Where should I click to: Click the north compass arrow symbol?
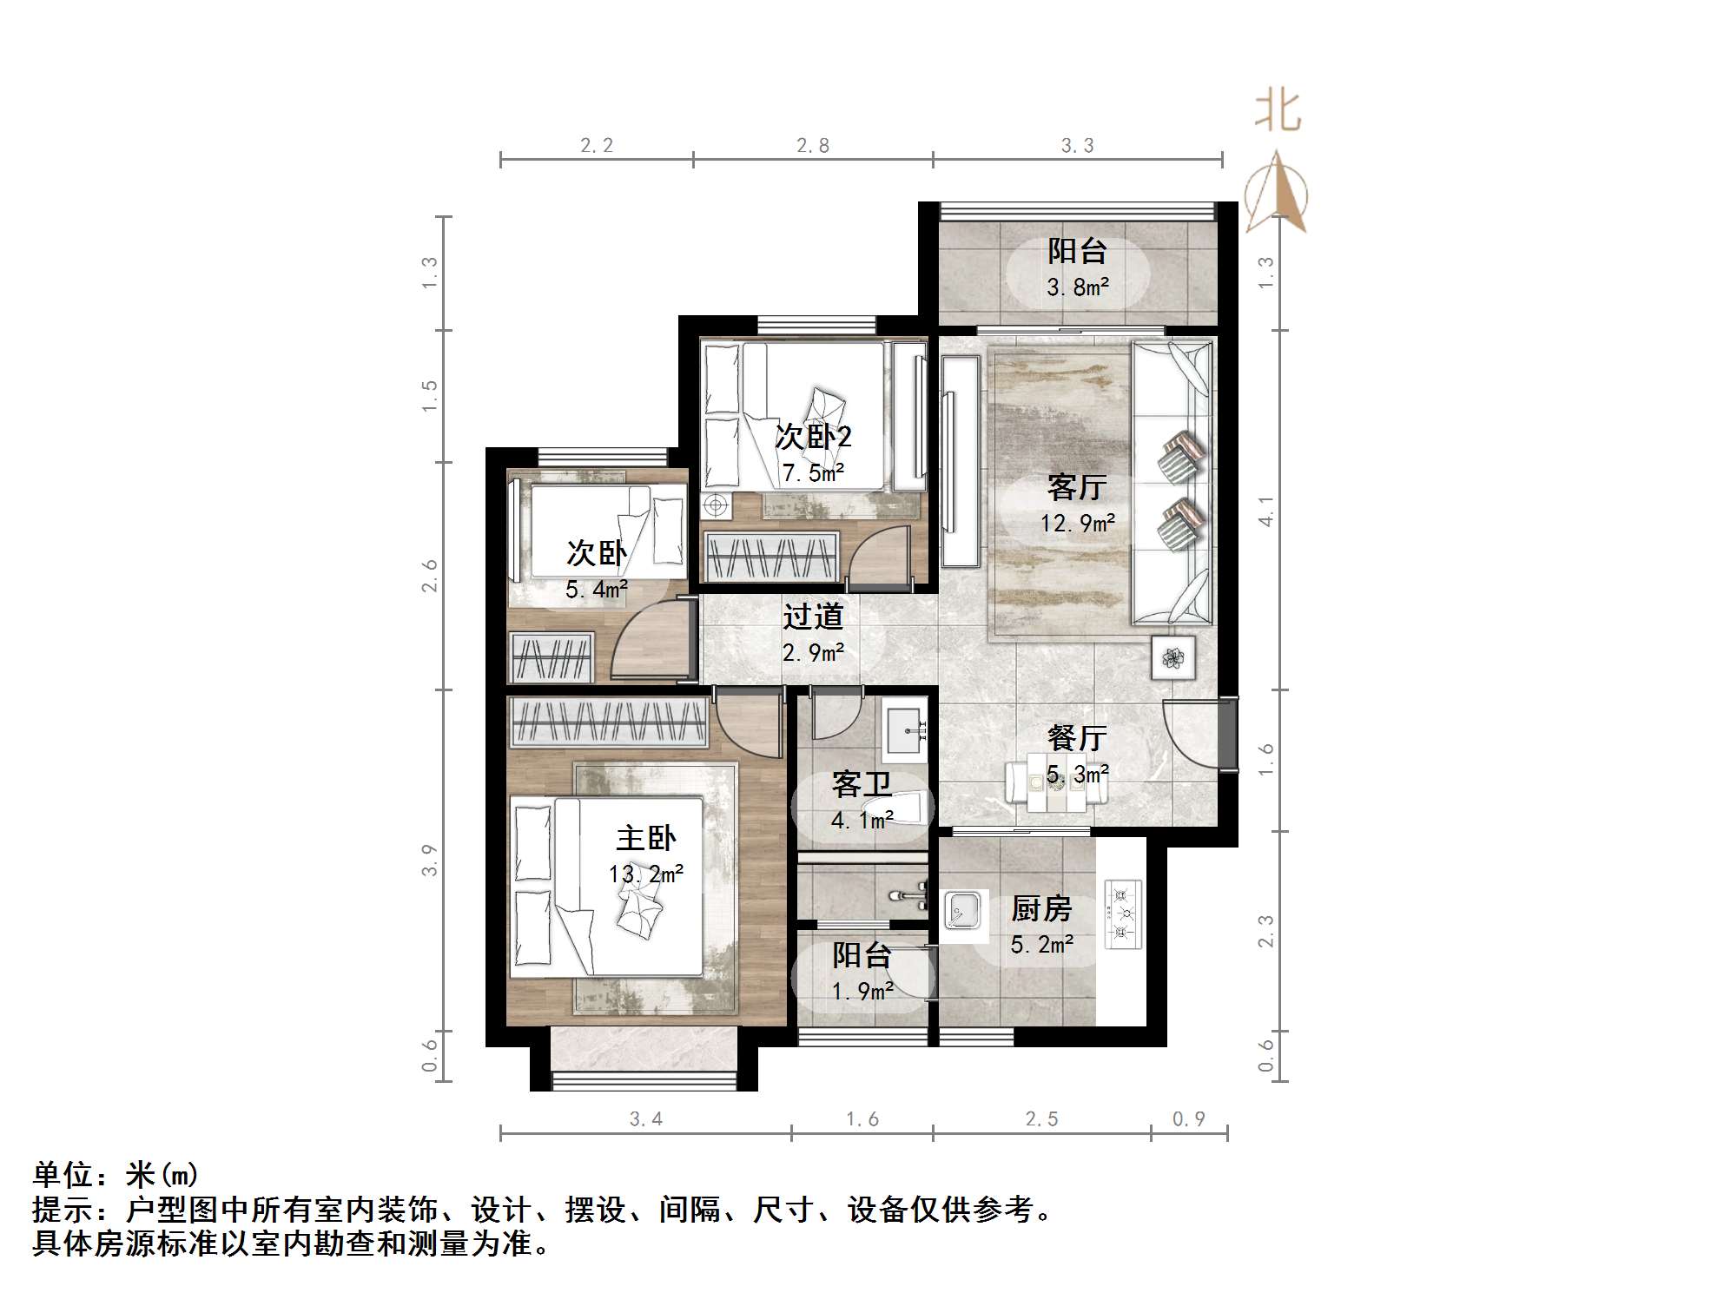[x=1276, y=192]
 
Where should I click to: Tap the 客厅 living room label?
[x=1077, y=487]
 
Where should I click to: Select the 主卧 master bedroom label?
[x=645, y=838]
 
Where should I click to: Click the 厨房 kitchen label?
[x=1041, y=909]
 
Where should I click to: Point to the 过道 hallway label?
[x=813, y=617]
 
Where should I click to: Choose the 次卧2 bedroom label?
[x=813, y=437]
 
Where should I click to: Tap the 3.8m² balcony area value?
[x=1077, y=287]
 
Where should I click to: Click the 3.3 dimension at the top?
[x=1077, y=146]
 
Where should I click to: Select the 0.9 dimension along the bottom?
[x=1188, y=1119]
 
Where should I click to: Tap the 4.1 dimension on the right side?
[x=1266, y=511]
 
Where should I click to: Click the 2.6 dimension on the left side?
[x=430, y=576]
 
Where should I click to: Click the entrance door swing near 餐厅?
[x=1190, y=734]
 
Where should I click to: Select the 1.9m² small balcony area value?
[x=862, y=991]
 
